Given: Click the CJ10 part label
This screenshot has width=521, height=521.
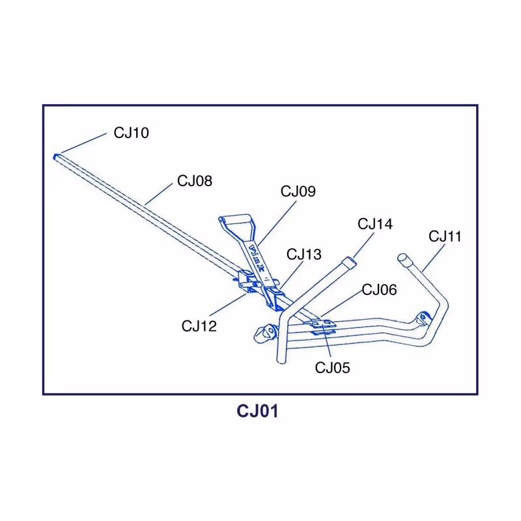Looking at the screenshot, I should [x=131, y=133].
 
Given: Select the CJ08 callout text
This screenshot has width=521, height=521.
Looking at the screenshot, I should [x=195, y=180].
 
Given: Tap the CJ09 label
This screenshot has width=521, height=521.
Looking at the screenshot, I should [x=298, y=191].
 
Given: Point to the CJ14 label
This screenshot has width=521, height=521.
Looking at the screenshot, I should [x=375, y=224].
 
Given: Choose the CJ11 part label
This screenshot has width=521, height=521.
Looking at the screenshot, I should [x=445, y=236].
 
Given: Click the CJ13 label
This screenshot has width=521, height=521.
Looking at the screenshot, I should [x=304, y=254].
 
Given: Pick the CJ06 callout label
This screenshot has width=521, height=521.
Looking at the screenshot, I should [x=379, y=290].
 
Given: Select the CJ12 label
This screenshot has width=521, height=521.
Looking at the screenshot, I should [x=199, y=326].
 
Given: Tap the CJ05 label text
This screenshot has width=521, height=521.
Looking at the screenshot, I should [x=332, y=368].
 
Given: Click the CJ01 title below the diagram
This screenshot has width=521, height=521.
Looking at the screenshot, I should [x=257, y=412].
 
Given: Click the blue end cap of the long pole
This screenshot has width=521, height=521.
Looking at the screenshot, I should [x=55, y=156].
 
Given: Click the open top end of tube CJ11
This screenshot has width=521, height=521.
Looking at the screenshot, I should [x=402, y=258].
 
